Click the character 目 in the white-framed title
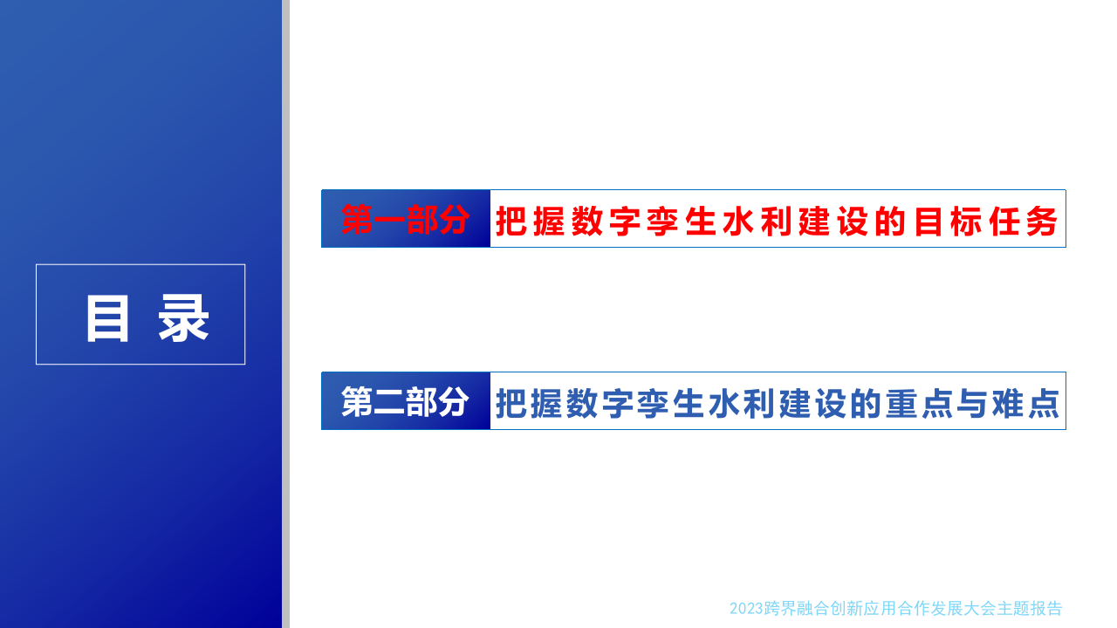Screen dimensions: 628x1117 [x=108, y=318]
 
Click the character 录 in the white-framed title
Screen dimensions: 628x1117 [x=183, y=318]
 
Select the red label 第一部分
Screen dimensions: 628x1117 [x=406, y=220]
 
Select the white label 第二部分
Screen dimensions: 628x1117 [x=406, y=402]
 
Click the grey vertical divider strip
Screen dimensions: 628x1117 [x=285, y=314]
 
